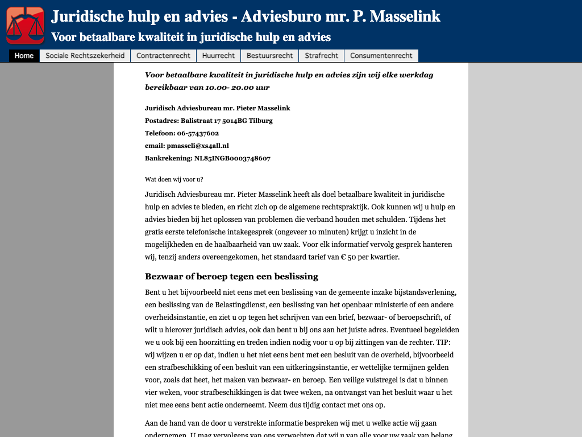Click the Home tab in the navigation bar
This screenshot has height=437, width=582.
[24, 56]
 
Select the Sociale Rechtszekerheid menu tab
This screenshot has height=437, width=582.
[85, 56]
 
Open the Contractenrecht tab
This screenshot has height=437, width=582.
[163, 56]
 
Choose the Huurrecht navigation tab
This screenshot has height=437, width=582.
[218, 56]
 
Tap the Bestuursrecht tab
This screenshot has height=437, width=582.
[270, 56]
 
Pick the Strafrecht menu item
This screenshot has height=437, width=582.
[321, 56]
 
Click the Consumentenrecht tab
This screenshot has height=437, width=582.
[381, 56]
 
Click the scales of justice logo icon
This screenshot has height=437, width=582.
[25, 25]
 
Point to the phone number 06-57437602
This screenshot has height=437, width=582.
[198, 133]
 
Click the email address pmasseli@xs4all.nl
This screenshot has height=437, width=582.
[202, 146]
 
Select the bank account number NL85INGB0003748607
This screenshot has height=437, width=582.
[232, 158]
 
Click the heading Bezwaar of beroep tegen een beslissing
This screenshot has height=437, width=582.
[231, 277]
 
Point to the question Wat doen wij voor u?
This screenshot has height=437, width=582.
[174, 179]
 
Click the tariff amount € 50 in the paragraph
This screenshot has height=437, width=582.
[348, 257]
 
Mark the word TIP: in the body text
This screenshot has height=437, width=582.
[443, 343]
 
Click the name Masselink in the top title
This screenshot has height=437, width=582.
[405, 17]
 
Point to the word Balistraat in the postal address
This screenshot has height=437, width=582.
[197, 121]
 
